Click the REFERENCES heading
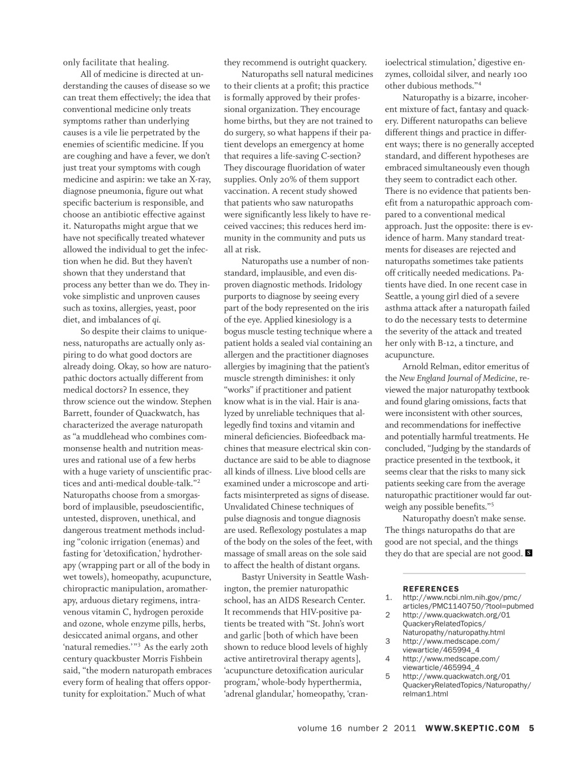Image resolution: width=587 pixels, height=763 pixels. tap(431, 588)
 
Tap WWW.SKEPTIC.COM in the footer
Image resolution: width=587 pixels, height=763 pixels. tap(473, 728)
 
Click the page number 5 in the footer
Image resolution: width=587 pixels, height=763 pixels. tap(532, 728)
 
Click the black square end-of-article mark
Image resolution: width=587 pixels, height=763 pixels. tap(529, 553)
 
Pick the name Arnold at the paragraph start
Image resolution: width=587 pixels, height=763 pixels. tap(415, 367)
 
